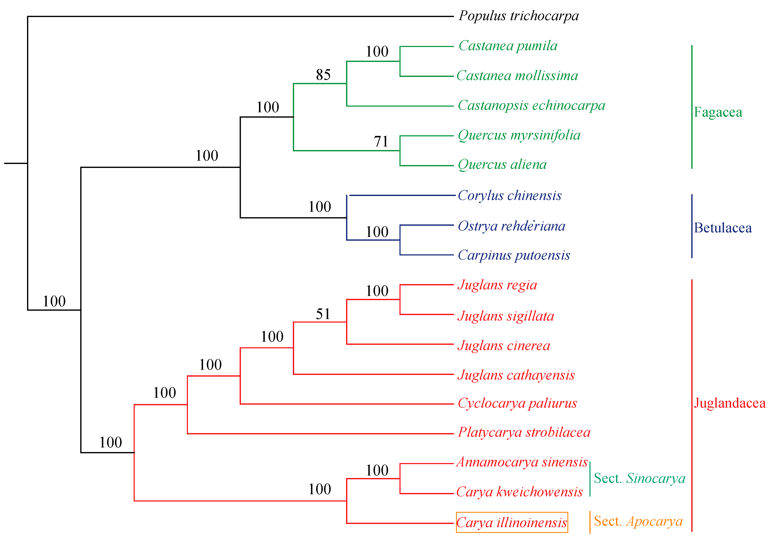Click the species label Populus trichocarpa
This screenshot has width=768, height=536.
tap(518, 16)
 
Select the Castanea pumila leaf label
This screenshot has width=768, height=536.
tap(508, 46)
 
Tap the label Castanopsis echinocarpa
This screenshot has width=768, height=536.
tap(531, 105)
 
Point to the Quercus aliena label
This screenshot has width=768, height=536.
tap(502, 165)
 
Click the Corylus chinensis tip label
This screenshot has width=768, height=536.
tap(509, 196)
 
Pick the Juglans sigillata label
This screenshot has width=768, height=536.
tap(505, 316)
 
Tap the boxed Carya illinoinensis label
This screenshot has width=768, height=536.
tap(512, 522)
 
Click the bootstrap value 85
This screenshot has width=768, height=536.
tap(323, 75)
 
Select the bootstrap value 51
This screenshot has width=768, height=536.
tap(323, 314)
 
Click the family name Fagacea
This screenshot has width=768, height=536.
tap(718, 112)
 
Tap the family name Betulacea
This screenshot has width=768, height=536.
tap(722, 228)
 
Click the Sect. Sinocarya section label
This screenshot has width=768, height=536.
tap(639, 478)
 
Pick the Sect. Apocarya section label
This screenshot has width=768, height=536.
tap(638, 521)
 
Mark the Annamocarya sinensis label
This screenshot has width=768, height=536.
tap(522, 462)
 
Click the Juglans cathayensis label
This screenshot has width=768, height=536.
tap(516, 375)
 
